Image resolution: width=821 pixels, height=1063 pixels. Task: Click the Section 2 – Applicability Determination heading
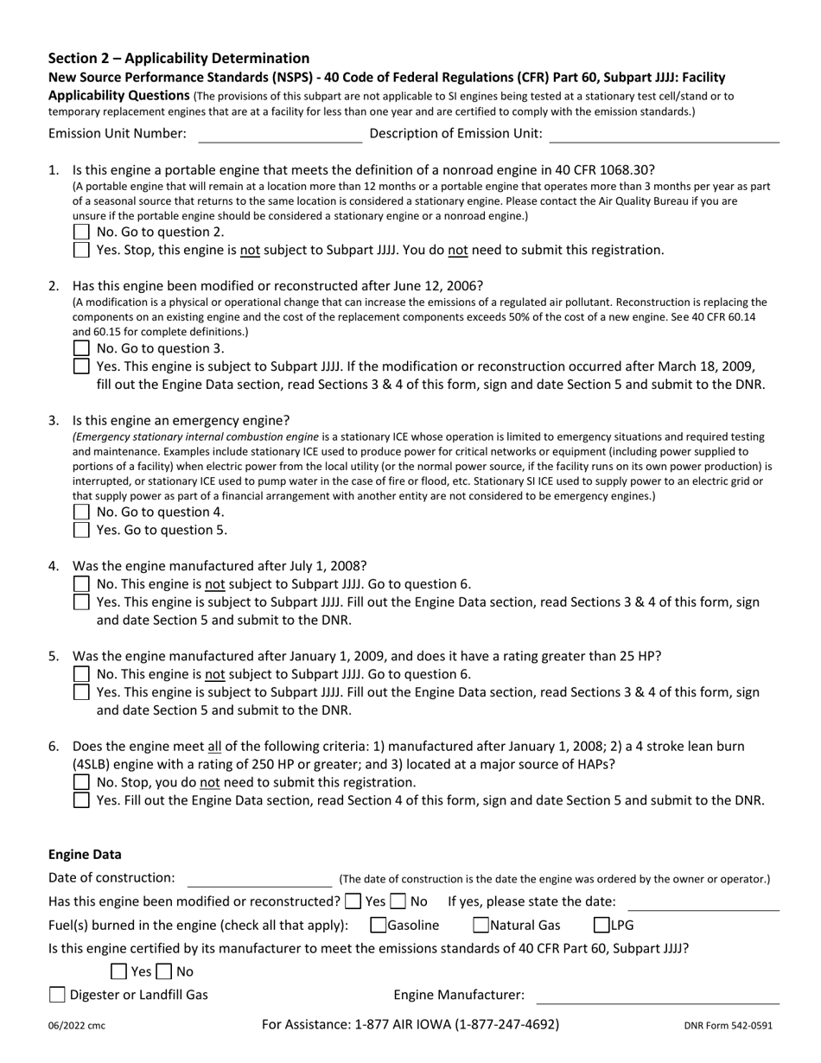(x=179, y=59)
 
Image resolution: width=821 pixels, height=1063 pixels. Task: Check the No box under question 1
(x=81, y=232)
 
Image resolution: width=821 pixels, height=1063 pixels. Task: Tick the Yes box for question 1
(x=81, y=250)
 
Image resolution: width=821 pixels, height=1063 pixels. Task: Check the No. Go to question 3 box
(x=81, y=348)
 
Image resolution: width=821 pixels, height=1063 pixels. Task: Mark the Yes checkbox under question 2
(x=81, y=366)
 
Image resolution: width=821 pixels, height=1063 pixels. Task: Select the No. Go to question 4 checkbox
(x=81, y=512)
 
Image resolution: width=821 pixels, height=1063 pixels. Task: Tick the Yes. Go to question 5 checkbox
(x=81, y=530)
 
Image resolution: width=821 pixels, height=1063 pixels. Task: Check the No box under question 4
(x=81, y=584)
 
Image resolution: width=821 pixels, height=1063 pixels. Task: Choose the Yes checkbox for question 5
(x=81, y=692)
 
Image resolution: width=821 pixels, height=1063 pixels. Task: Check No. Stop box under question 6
(x=81, y=782)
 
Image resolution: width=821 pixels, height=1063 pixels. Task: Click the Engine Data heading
(x=85, y=855)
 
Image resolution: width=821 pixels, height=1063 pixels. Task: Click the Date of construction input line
(x=259, y=879)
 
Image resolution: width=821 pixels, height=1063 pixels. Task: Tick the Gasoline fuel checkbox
(x=378, y=926)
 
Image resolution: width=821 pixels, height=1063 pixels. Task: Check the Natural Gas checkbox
(x=481, y=926)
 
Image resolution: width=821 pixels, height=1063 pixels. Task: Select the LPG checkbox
(x=601, y=926)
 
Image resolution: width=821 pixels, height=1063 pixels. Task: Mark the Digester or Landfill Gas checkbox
(x=57, y=995)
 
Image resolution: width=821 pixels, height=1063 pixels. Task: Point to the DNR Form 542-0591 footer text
(x=728, y=1026)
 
